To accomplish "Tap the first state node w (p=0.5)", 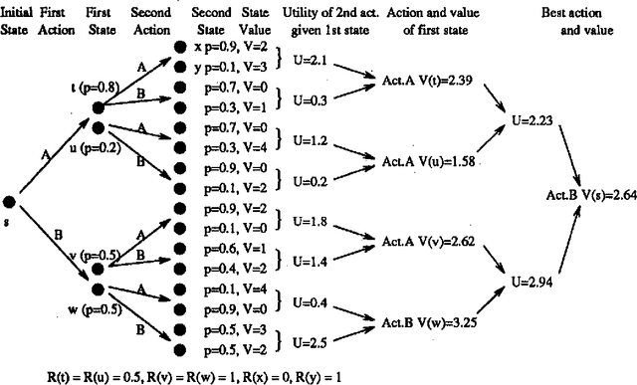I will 98,289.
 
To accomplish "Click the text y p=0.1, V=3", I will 229,66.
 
